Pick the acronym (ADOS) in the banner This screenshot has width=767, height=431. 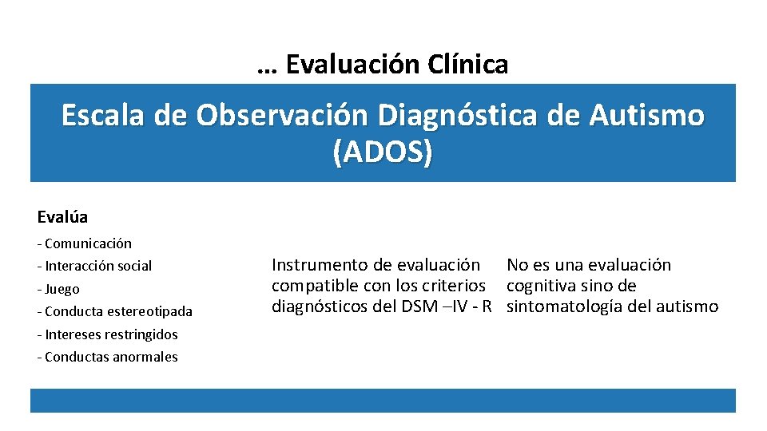coord(383,152)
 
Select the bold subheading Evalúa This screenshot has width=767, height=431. coord(62,217)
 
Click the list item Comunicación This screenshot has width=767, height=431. coord(88,243)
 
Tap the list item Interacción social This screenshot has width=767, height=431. coord(97,266)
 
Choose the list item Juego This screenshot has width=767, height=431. coord(62,289)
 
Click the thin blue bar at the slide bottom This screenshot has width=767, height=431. coord(383,401)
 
